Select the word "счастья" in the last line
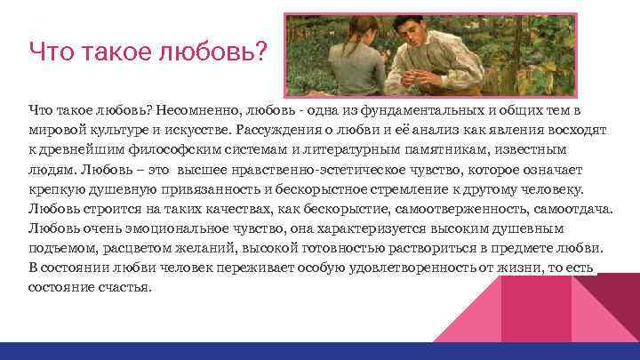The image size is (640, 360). tap(126, 288)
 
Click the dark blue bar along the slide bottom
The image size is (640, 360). tap(320, 351)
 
